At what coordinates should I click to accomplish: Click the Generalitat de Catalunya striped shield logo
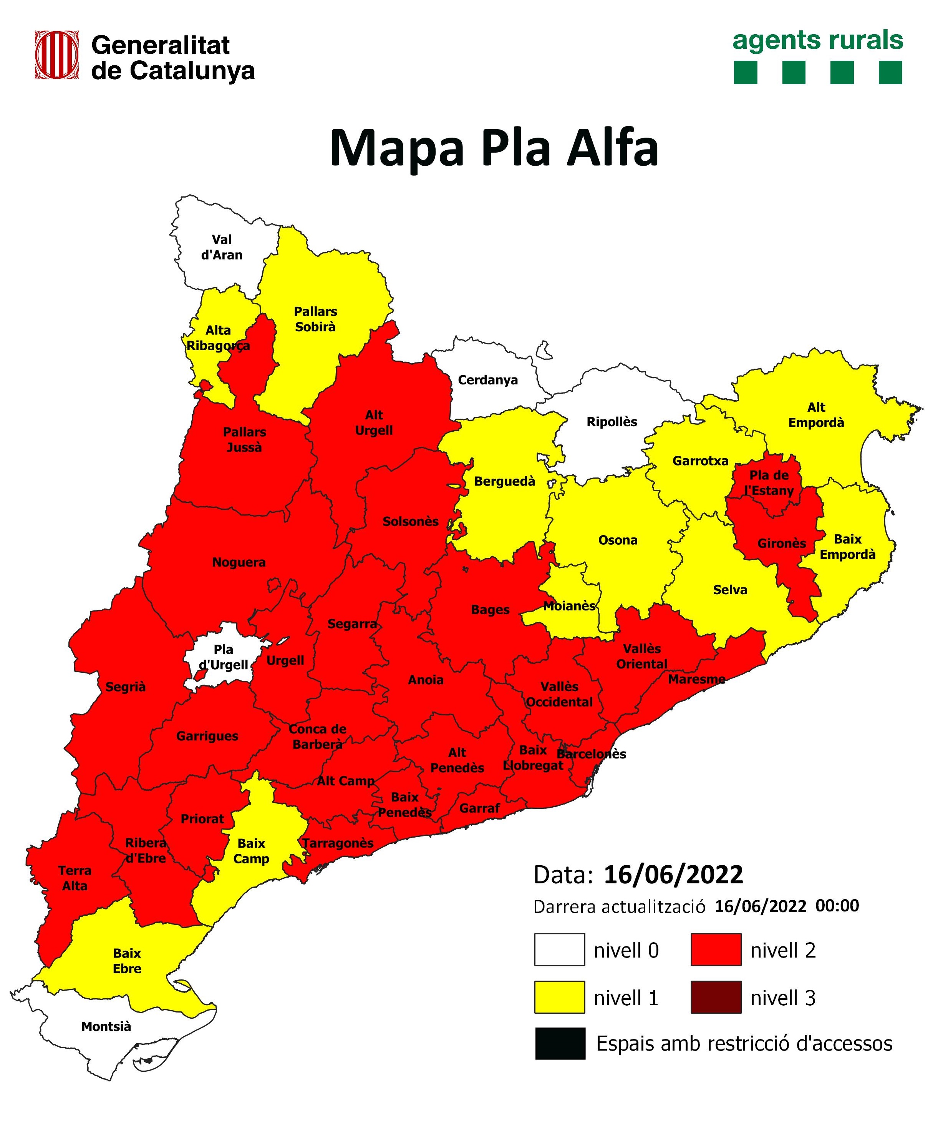tap(57, 55)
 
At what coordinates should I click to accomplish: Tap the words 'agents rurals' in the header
tap(817, 41)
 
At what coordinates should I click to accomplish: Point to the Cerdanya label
tap(487, 380)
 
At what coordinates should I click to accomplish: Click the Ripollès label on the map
tap(612, 422)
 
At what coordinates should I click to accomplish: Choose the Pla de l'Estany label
tap(769, 483)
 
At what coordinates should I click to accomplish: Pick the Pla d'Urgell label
tap(224, 657)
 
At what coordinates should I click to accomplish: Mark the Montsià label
tap(106, 1027)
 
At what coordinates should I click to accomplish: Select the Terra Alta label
tap(75, 878)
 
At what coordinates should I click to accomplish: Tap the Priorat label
tap(202, 819)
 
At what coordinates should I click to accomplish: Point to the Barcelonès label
tap(591, 754)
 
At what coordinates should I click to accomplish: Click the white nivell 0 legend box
tap(559, 950)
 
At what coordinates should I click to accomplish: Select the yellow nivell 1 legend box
tap(559, 997)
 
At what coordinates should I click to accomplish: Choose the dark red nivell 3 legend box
tap(715, 997)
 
